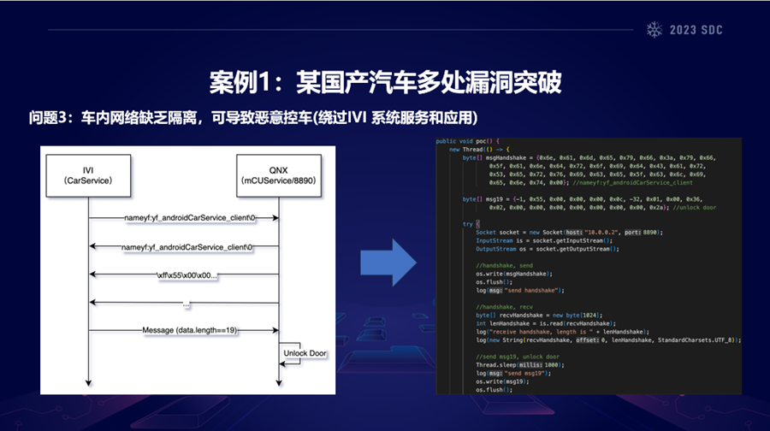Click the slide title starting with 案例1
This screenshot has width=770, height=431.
385,83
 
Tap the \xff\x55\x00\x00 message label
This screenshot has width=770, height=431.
186,275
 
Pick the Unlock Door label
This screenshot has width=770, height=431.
305,353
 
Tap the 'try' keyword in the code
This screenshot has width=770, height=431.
468,223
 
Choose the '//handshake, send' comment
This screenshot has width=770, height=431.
506,265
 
